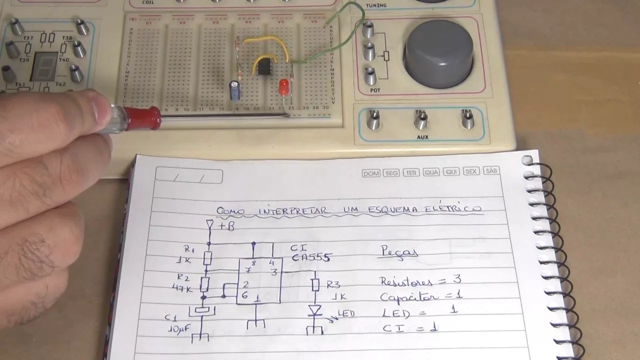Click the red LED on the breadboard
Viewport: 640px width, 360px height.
pyautogui.click(x=283, y=87)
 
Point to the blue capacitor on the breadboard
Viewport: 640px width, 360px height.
pyautogui.click(x=234, y=90)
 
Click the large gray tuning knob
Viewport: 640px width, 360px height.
pyautogui.click(x=439, y=53)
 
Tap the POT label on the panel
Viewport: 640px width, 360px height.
pyautogui.click(x=375, y=90)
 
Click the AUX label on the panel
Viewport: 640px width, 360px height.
pyautogui.click(x=422, y=137)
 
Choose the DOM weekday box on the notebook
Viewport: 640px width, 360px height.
pyautogui.click(x=371, y=173)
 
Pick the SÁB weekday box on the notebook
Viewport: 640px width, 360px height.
pyautogui.click(x=491, y=171)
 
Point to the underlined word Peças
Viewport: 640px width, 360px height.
pyautogui.click(x=398, y=252)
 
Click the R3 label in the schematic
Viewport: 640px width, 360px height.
pyautogui.click(x=333, y=285)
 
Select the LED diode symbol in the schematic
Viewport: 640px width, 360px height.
pyautogui.click(x=314, y=311)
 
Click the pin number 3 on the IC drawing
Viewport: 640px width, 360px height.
pyautogui.click(x=273, y=272)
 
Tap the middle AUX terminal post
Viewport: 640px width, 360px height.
pyautogui.click(x=421, y=120)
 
